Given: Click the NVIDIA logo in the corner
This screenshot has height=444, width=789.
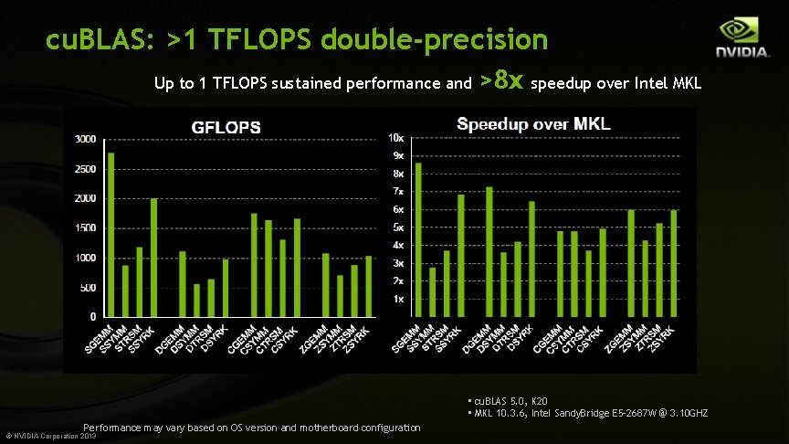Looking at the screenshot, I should click(x=741, y=40).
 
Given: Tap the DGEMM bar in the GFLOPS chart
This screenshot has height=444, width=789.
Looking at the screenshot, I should click(x=183, y=283).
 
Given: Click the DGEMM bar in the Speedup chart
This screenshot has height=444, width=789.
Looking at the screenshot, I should click(x=489, y=251).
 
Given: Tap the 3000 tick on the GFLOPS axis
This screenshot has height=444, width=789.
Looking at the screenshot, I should click(x=84, y=139).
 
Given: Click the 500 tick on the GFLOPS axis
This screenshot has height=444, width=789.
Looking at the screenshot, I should click(x=87, y=288).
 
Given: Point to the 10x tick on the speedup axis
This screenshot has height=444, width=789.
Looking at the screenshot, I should click(x=396, y=138).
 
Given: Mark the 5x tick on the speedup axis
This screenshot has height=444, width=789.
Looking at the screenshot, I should click(x=398, y=227).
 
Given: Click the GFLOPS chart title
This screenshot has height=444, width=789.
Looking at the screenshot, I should click(x=225, y=127).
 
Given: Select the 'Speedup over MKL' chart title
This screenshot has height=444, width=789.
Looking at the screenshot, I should click(x=533, y=123).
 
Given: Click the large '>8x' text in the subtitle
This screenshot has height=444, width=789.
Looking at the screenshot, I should click(x=501, y=81).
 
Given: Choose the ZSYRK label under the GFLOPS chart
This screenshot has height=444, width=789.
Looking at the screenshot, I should click(x=358, y=342).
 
